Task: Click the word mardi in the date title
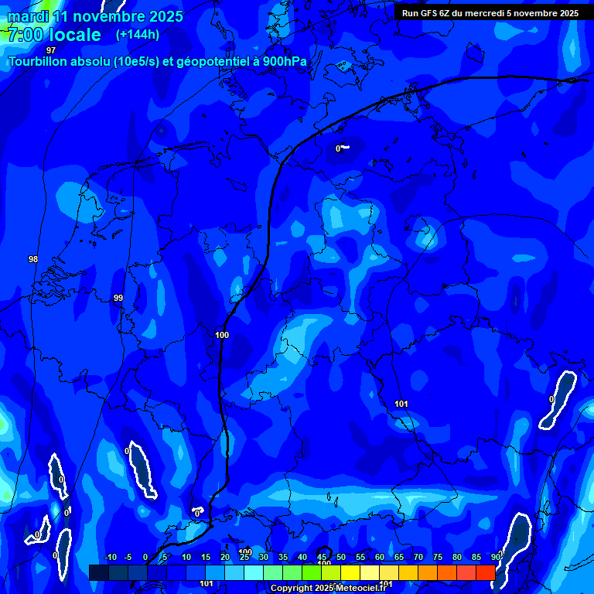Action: [x=28, y=16]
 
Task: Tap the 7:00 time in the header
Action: [x=26, y=35]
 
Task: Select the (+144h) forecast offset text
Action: [x=137, y=35]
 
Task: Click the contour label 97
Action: [x=51, y=72]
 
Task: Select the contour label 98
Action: [x=32, y=259]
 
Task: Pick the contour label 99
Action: [x=118, y=298]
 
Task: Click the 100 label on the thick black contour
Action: [x=222, y=335]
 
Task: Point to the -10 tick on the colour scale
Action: [x=109, y=557]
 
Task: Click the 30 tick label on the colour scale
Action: [x=264, y=557]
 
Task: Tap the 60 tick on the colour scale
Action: [x=380, y=557]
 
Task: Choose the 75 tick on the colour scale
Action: [x=438, y=557]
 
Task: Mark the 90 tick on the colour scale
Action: [x=495, y=557]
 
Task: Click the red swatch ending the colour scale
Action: [x=485, y=572]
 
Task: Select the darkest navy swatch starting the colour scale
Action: [x=98, y=572]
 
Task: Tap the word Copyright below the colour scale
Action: [x=292, y=589]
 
